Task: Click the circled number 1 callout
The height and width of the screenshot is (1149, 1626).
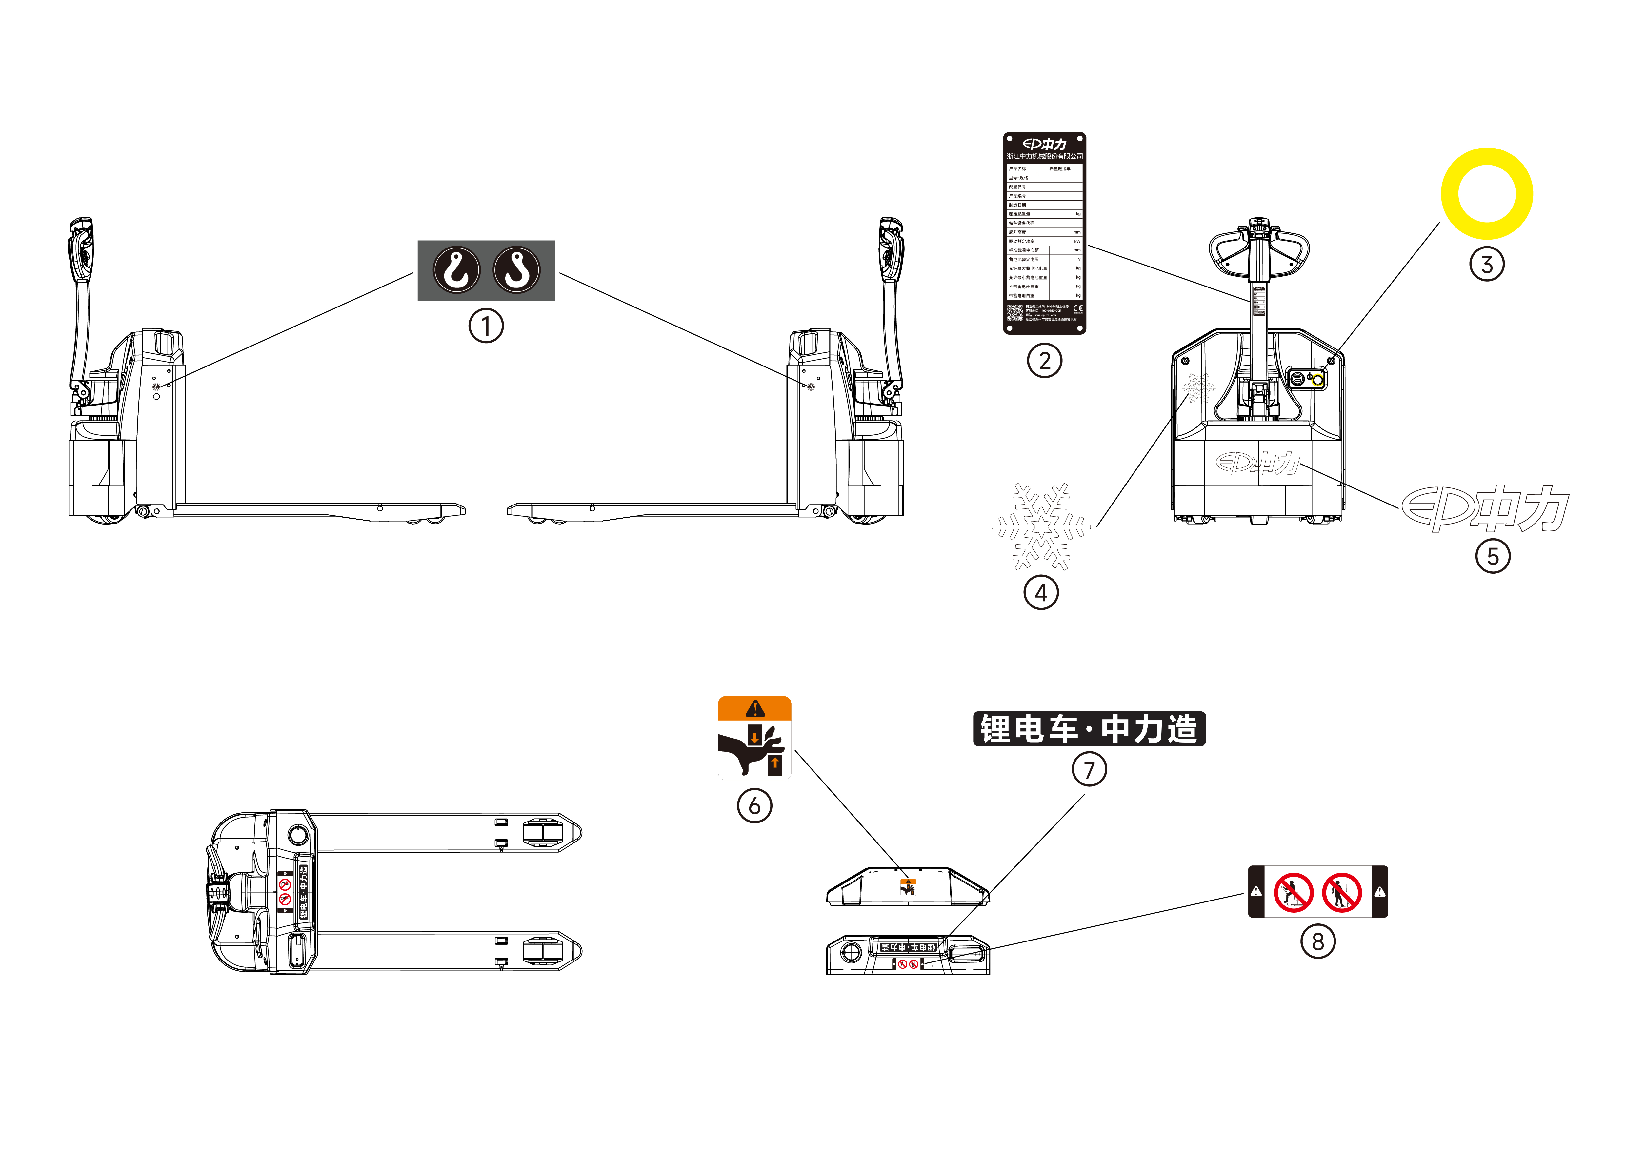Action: click(x=486, y=327)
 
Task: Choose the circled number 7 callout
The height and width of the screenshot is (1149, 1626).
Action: click(x=1089, y=769)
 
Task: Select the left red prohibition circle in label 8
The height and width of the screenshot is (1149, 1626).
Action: click(x=1293, y=892)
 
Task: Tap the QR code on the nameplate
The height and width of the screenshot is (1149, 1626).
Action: click(x=1015, y=312)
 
